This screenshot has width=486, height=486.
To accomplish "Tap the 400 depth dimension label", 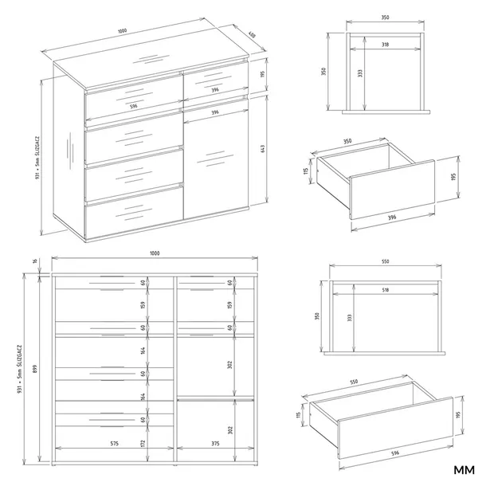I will [251, 34].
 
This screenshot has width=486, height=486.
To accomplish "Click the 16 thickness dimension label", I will [35, 261].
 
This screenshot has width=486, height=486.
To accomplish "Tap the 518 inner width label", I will [385, 290].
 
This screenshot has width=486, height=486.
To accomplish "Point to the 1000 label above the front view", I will [155, 253].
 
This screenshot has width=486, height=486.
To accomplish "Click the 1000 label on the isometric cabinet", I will [122, 31].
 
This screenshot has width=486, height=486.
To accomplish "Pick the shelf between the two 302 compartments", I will [214, 397].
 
